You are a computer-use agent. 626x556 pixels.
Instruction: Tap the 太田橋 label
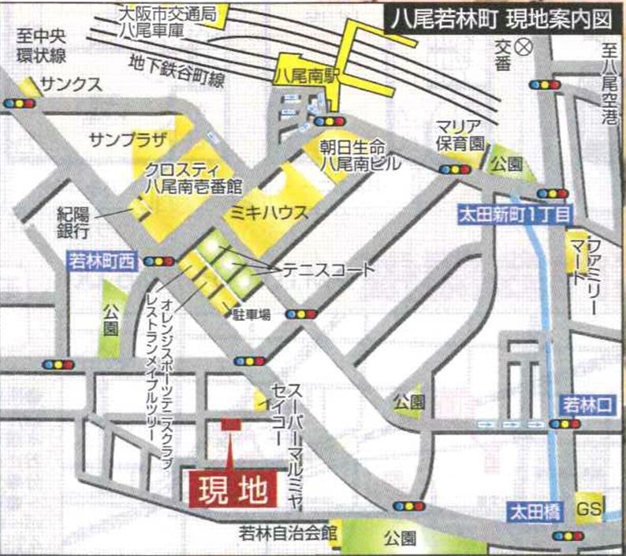click(x=534, y=512)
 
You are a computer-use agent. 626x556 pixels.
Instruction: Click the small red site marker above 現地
click(x=229, y=424)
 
